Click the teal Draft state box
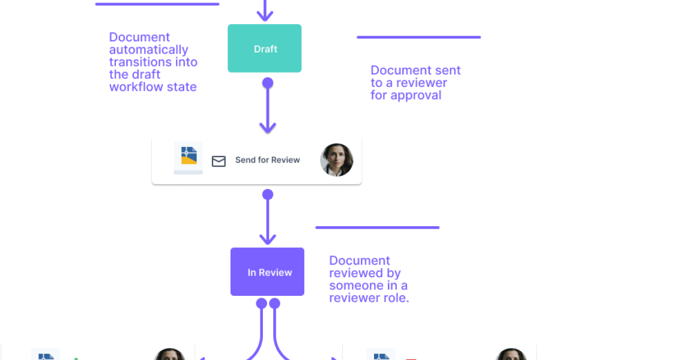pyautogui.click(x=265, y=49)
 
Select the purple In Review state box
pyautogui.click(x=267, y=272)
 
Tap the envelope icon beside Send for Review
pyautogui.click(x=219, y=161)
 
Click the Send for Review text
pyautogui.click(x=267, y=160)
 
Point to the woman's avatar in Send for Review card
pyautogui.click(x=336, y=160)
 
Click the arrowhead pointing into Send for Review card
pyautogui.click(x=268, y=128)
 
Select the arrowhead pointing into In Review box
pyautogui.click(x=268, y=238)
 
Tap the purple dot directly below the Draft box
pyautogui.click(x=268, y=82)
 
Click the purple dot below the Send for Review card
pyautogui.click(x=268, y=194)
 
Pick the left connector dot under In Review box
pyautogui.click(x=261, y=304)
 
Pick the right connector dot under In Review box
pyautogui.click(x=275, y=304)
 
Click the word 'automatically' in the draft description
pyautogui.click(x=148, y=50)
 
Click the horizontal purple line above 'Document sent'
pyautogui.click(x=418, y=37)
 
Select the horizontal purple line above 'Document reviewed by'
pyautogui.click(x=377, y=227)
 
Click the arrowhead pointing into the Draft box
pyautogui.click(x=265, y=16)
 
